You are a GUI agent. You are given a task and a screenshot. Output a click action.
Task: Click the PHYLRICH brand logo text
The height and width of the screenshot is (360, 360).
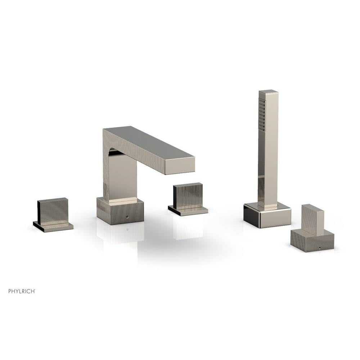[22, 291]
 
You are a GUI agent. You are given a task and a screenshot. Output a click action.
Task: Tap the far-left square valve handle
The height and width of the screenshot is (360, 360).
[53, 210]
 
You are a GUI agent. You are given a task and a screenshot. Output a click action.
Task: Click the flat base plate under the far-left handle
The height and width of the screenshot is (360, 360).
[53, 226]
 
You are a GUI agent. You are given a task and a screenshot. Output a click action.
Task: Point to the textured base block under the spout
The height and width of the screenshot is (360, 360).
[120, 211]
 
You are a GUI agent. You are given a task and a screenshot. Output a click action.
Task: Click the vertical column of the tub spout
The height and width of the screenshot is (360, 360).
[120, 177]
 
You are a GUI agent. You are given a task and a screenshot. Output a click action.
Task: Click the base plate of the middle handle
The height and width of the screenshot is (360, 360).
[188, 210]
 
